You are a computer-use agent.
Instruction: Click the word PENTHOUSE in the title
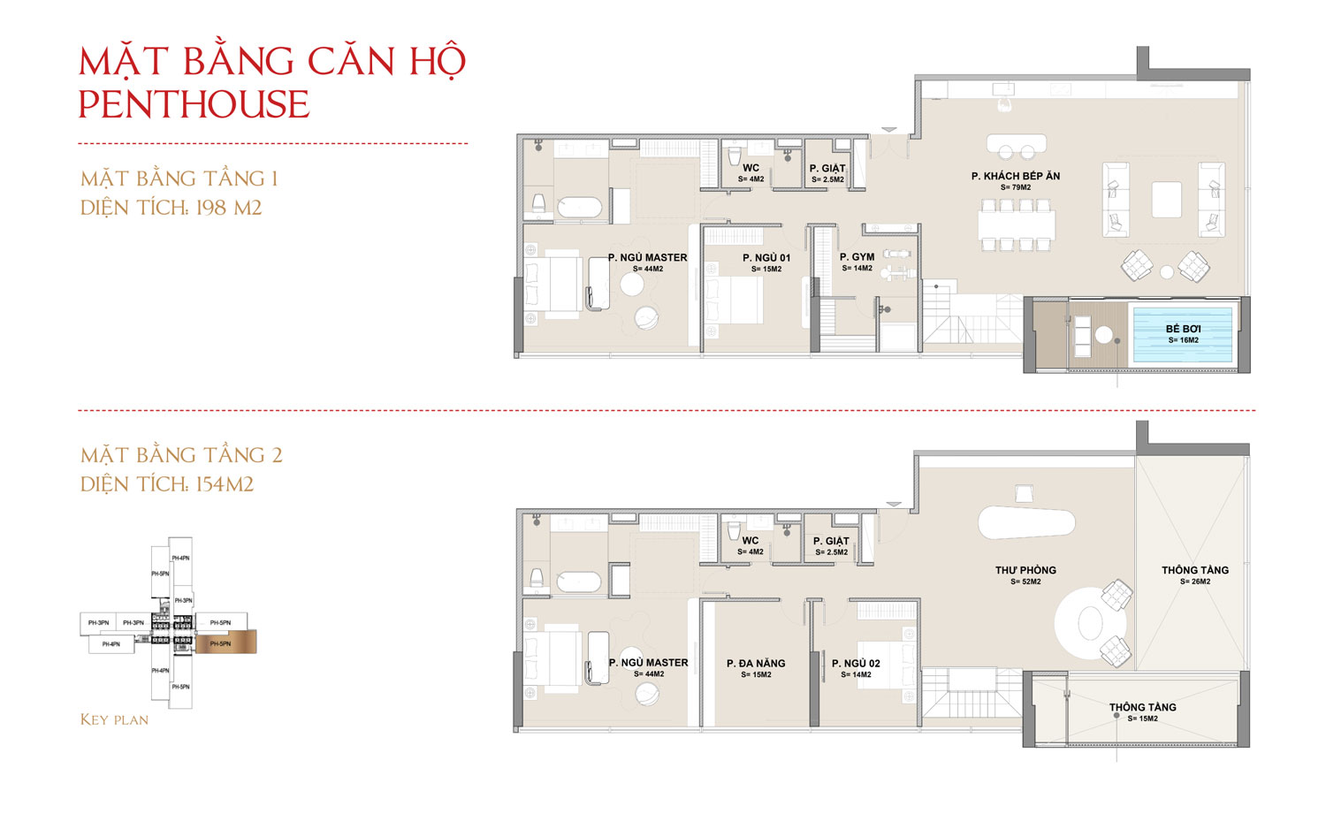coord(194,105)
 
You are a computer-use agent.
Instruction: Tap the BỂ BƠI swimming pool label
coord(1183,329)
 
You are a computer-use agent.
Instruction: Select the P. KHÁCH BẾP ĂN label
coord(1015,176)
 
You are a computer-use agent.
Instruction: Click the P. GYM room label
coord(857,257)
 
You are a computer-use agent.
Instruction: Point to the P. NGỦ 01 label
coord(766,258)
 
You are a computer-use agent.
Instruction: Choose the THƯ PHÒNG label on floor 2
coord(1025,570)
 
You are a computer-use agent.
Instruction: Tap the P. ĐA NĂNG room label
coord(756,663)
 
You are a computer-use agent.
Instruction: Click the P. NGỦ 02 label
coord(856,663)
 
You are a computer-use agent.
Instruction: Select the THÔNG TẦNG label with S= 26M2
coord(1194,570)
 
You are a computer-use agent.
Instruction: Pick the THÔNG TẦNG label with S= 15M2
coord(1142,707)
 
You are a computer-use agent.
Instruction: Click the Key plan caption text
coord(114,719)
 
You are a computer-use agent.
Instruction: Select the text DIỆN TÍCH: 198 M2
coord(171,208)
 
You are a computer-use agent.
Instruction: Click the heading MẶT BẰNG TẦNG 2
coord(181,455)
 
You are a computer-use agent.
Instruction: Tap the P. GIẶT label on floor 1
coord(827,168)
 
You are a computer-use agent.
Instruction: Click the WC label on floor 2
coord(751,540)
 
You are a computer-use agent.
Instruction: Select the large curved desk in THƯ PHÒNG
coord(1025,522)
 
